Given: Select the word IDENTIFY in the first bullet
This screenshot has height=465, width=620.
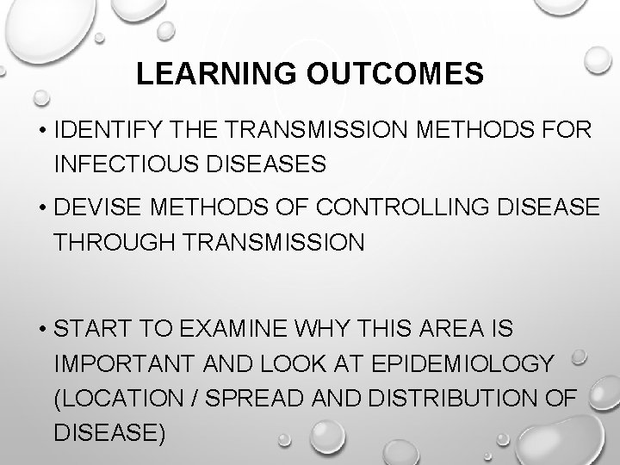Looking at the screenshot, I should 102,133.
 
